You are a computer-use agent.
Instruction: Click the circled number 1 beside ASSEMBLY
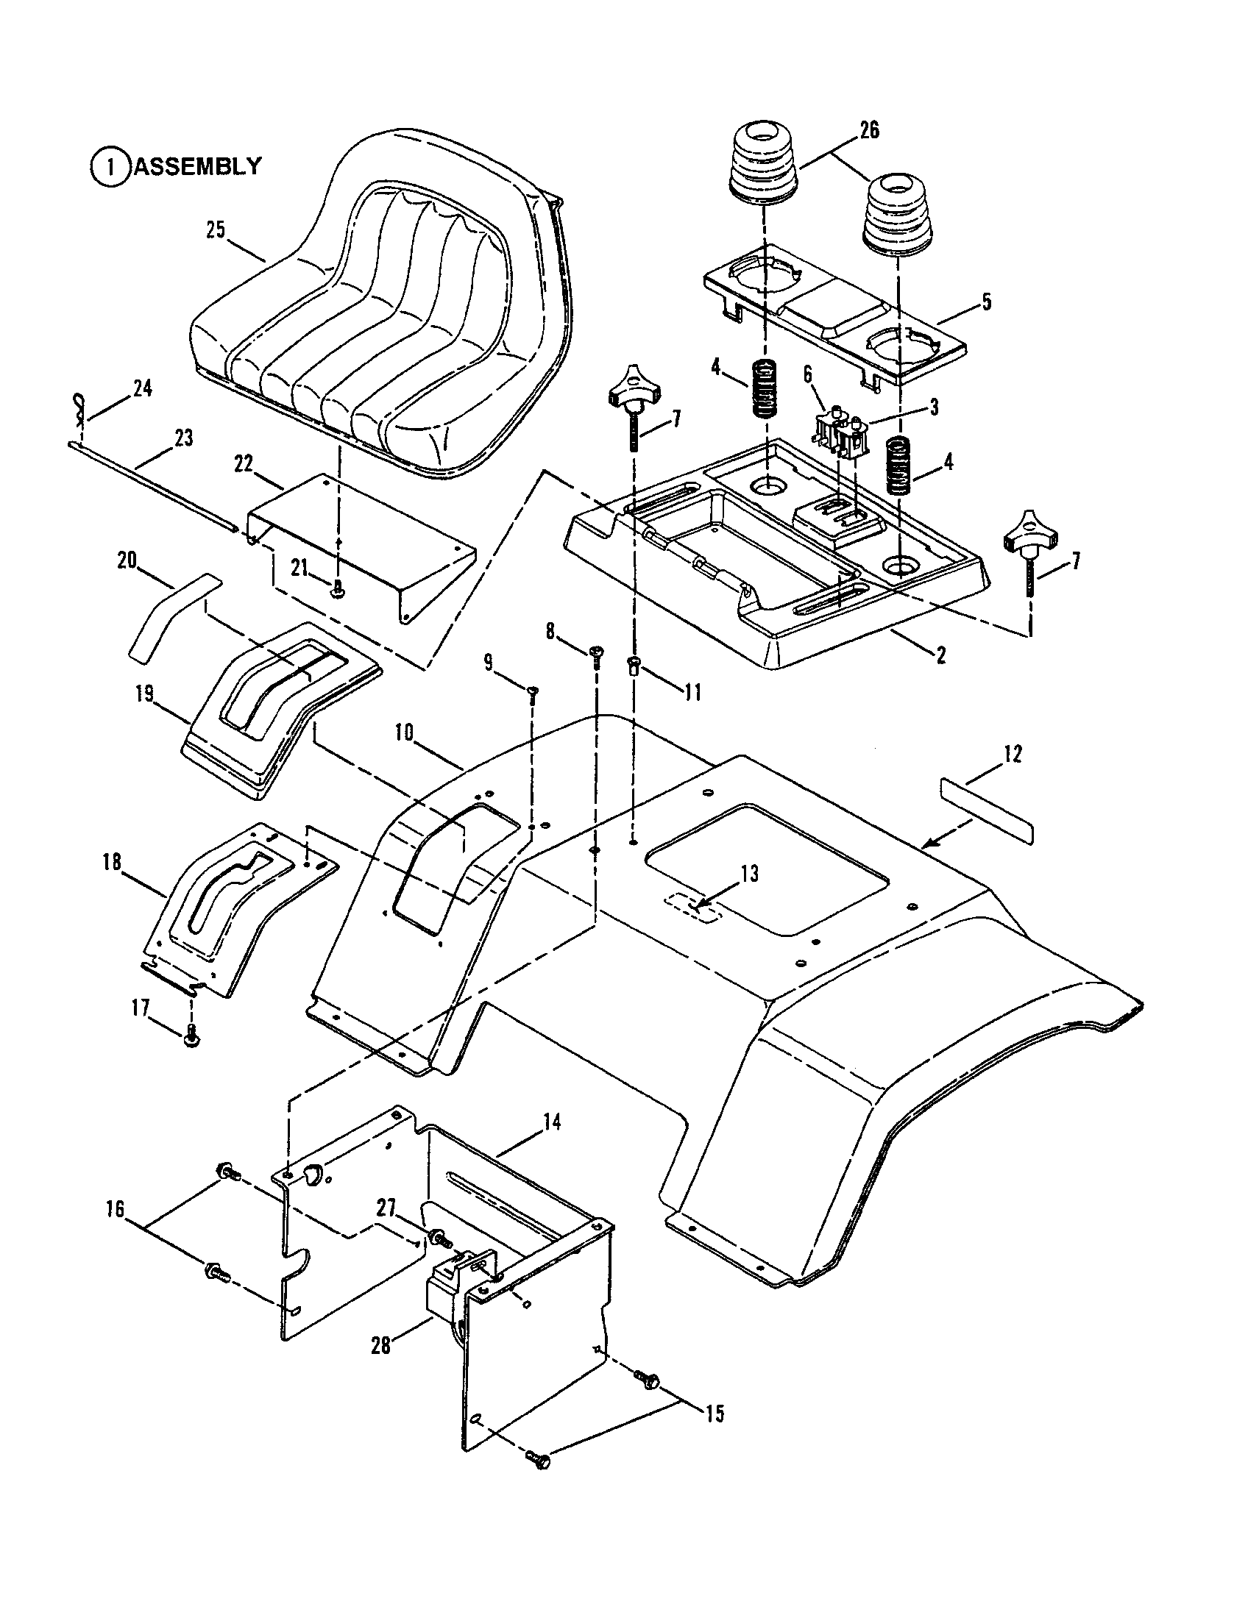[110, 166]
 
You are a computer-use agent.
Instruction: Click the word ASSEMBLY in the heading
[197, 166]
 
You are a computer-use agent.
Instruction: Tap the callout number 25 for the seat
[215, 230]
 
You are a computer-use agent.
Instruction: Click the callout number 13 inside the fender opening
[749, 874]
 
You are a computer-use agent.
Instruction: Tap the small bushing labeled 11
[634, 664]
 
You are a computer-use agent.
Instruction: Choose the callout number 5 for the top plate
[985, 302]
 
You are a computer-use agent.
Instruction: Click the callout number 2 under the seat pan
[940, 655]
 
